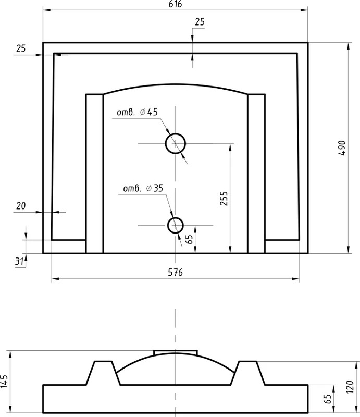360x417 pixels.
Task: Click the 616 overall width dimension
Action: (x=176, y=4)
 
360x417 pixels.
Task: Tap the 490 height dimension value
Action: (x=343, y=148)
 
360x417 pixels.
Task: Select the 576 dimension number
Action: (x=176, y=272)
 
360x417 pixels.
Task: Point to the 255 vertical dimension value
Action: (x=224, y=199)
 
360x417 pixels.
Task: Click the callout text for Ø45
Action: (x=138, y=112)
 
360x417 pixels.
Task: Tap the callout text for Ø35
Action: (x=143, y=188)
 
